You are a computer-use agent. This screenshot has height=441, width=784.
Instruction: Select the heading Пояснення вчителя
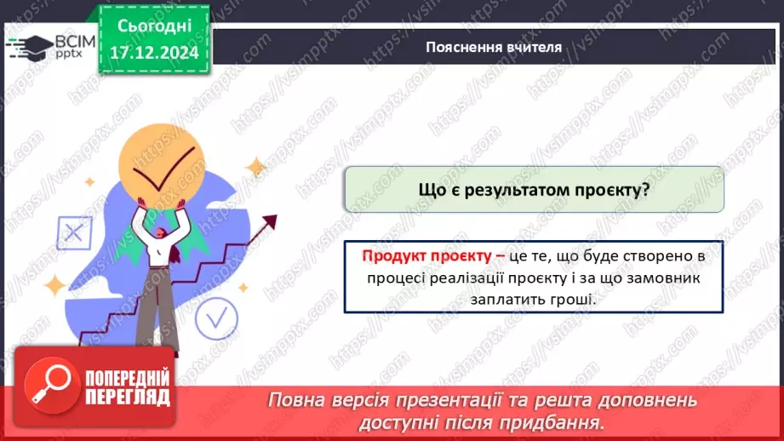click(x=494, y=47)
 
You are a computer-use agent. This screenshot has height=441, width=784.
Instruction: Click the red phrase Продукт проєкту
click(x=426, y=255)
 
